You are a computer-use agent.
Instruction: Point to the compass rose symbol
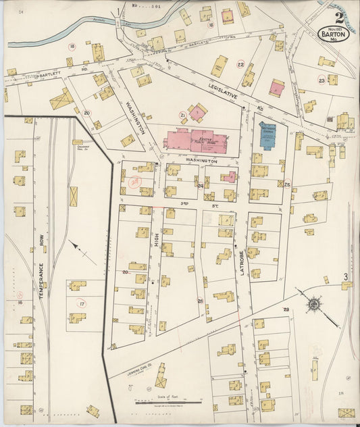click(x=313, y=303)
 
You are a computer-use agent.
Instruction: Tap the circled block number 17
click(x=82, y=304)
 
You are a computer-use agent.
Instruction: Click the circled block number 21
click(x=182, y=115)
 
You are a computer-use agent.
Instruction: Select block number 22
click(x=240, y=64)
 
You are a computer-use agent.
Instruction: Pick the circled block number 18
click(x=72, y=47)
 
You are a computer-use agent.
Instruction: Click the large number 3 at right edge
click(x=344, y=276)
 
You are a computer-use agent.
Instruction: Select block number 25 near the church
click(x=287, y=184)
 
